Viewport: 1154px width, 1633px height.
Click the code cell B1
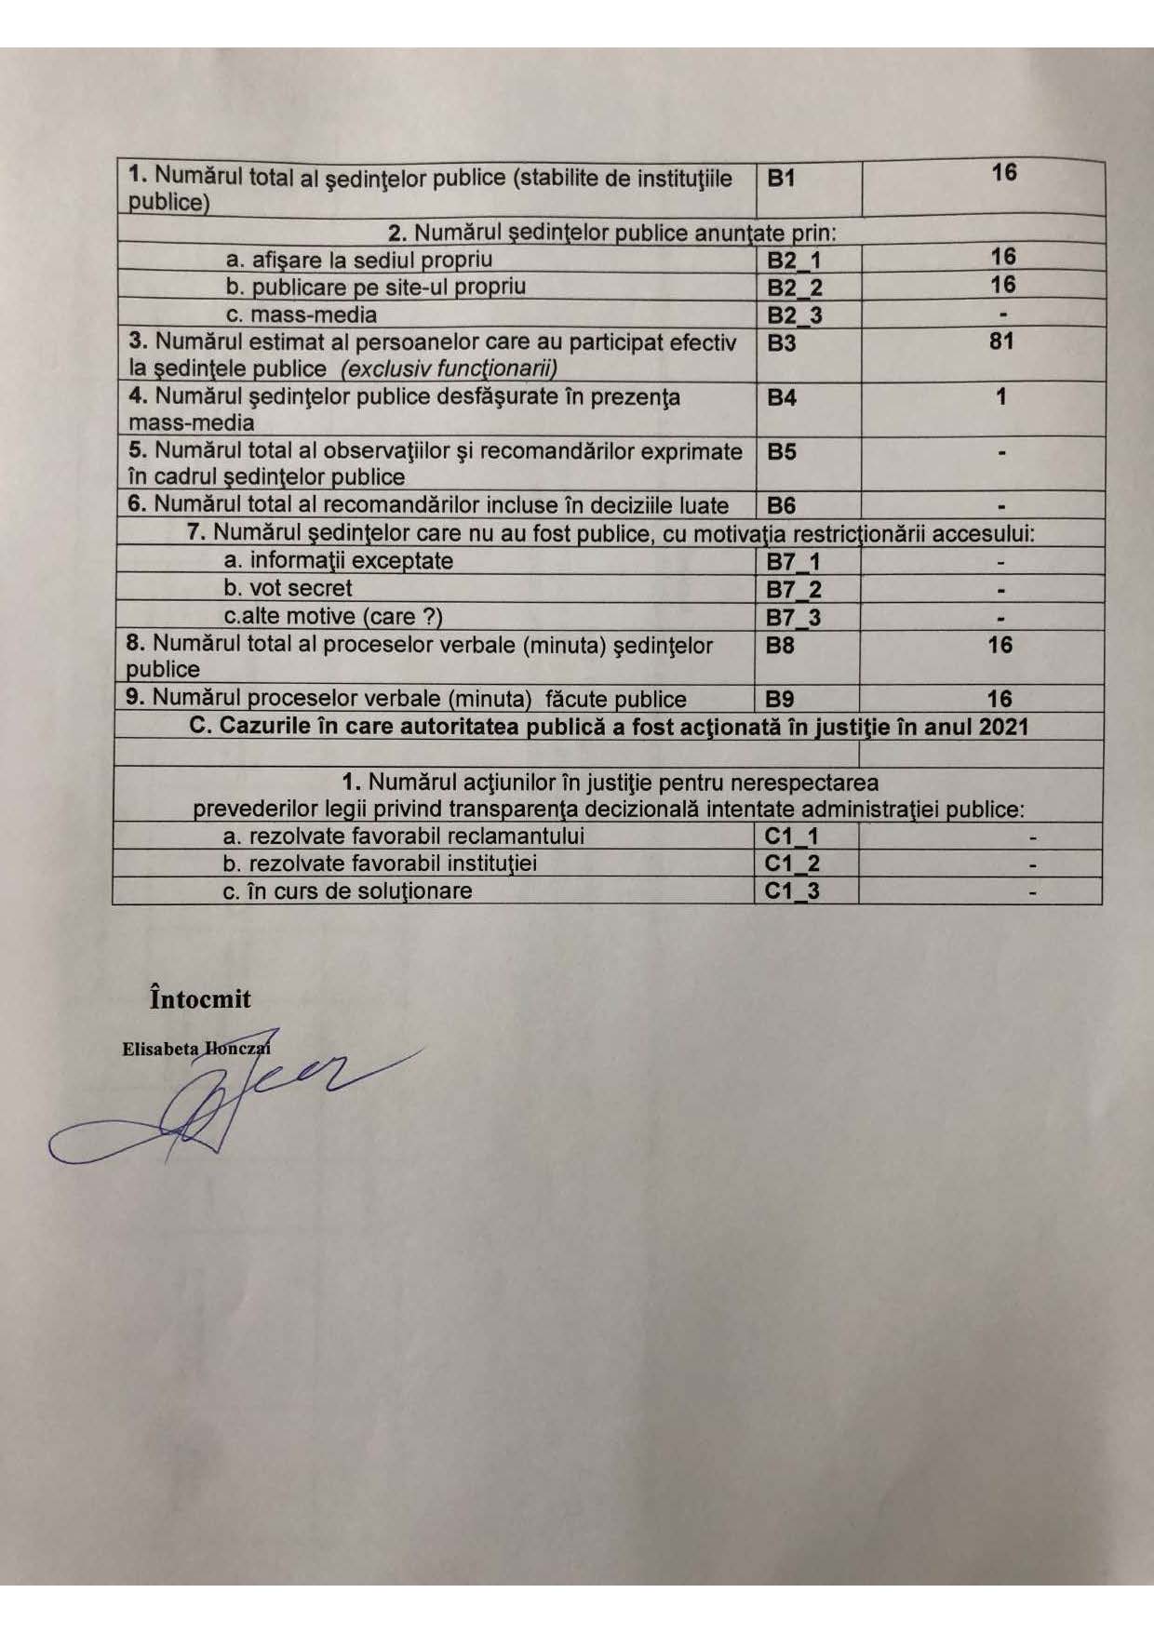click(x=782, y=179)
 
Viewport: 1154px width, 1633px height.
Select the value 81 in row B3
click(x=1001, y=341)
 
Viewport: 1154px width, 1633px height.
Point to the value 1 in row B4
click(x=1001, y=397)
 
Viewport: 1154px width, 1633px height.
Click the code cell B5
click(x=782, y=452)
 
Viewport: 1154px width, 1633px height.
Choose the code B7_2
click(x=793, y=590)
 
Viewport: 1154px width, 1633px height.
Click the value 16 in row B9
click(x=1000, y=699)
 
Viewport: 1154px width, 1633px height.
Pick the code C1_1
click(x=792, y=837)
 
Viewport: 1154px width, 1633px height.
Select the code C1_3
click(x=792, y=891)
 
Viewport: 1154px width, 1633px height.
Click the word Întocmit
click(x=200, y=999)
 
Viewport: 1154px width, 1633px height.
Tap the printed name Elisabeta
click(x=160, y=1049)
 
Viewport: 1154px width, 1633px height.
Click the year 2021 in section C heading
click(x=1003, y=727)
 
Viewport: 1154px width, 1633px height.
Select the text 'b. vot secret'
click(x=288, y=588)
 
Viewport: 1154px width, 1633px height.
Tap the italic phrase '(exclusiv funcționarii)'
click(x=449, y=369)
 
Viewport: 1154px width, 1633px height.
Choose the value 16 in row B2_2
click(x=1002, y=285)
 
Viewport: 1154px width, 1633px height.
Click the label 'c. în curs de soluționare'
click(x=347, y=890)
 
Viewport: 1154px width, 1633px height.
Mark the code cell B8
click(x=780, y=645)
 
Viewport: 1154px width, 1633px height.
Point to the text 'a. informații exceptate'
click(x=339, y=561)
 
